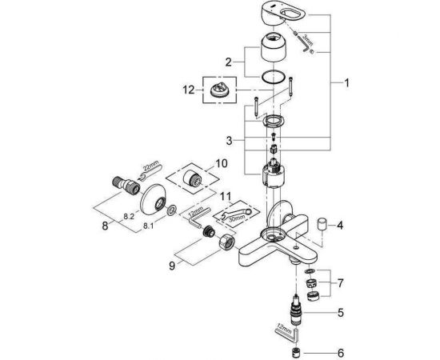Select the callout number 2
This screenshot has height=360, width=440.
[x=228, y=61]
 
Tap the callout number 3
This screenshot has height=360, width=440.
[x=230, y=140]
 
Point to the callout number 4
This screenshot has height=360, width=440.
[x=339, y=226]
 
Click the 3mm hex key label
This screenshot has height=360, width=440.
[x=306, y=37]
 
